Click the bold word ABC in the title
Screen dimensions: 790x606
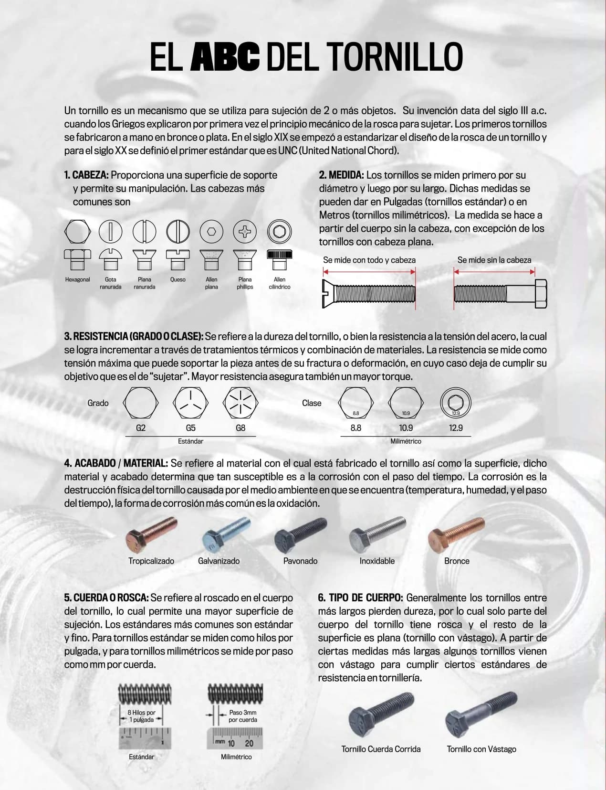point(225,57)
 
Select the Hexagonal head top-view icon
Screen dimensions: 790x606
point(77,232)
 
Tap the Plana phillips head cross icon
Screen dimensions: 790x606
point(245,232)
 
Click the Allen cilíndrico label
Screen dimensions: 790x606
point(280,283)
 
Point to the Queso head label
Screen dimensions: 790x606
point(178,280)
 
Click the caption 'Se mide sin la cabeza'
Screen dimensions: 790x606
point(494,260)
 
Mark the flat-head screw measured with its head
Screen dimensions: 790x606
point(369,293)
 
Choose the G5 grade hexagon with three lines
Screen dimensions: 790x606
point(190,403)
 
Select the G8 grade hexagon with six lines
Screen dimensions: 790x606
point(240,403)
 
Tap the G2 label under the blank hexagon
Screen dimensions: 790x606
point(141,428)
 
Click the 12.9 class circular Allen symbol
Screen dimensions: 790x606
point(456,402)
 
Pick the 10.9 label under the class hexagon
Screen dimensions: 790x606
point(406,428)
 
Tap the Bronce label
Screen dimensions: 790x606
point(457,561)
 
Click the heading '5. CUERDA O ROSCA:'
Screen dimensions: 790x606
point(106,598)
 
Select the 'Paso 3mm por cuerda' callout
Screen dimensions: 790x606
point(242,716)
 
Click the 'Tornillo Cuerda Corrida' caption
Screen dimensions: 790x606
point(381,749)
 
